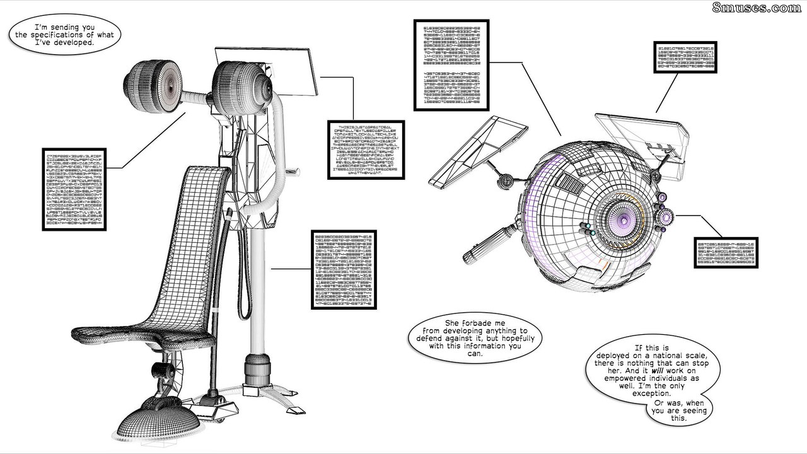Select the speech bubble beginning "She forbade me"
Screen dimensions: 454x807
(474, 341)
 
